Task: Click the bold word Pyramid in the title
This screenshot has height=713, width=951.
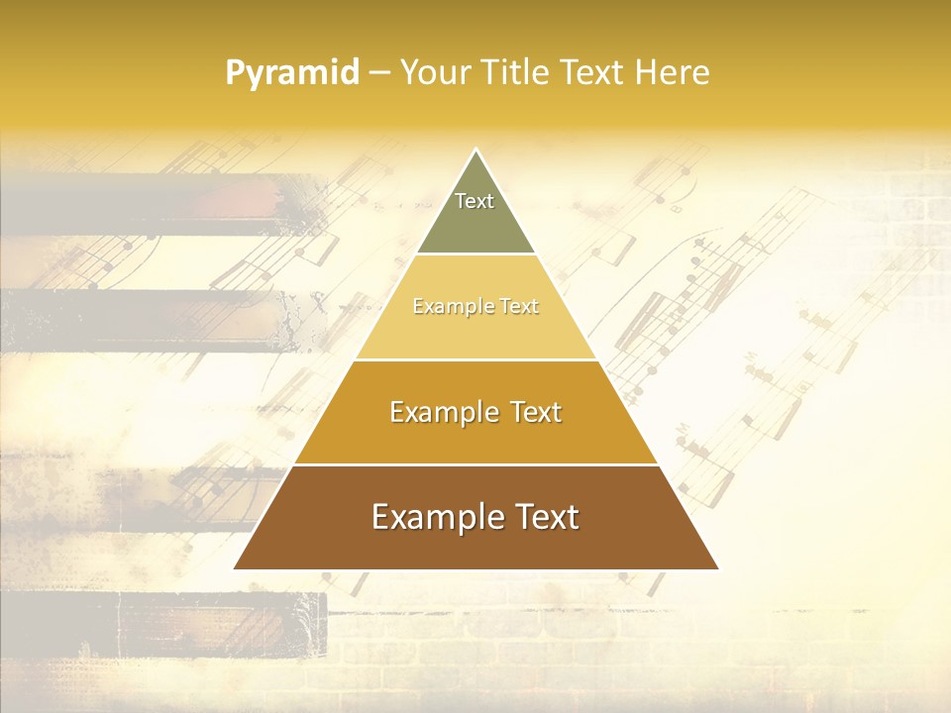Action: [x=291, y=73]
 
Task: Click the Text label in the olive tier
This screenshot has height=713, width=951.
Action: [x=475, y=201]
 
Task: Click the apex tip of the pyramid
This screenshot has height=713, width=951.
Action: [x=475, y=151]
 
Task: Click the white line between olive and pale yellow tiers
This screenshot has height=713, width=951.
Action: [x=475, y=255]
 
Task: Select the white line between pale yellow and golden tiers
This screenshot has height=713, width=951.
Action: [x=475, y=359]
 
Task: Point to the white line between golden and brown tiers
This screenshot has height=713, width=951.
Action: [x=475, y=464]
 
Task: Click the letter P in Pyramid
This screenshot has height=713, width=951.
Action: [x=234, y=73]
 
